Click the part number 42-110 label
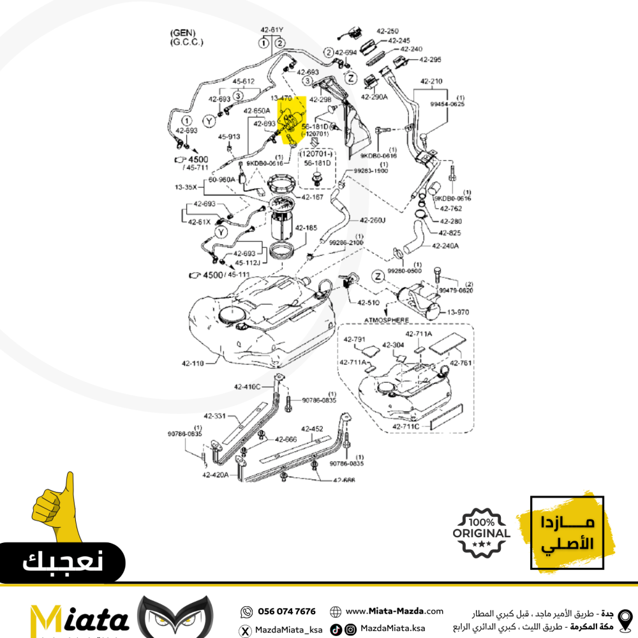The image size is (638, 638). click(x=193, y=364)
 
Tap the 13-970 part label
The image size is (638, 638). click(x=458, y=312)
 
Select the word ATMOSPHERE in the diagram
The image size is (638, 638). click(x=387, y=319)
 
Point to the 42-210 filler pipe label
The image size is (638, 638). click(x=431, y=82)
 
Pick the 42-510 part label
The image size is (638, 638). click(x=369, y=302)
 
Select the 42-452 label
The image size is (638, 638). click(x=313, y=429)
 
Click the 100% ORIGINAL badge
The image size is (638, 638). click(x=482, y=533)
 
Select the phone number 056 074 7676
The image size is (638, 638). click(x=286, y=611)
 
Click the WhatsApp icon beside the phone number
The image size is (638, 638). click(x=246, y=611)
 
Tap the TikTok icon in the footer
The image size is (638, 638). click(x=336, y=629)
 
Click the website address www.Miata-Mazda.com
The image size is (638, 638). click(x=394, y=611)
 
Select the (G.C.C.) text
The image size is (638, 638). click(x=186, y=42)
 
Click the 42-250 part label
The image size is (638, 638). click(x=387, y=31)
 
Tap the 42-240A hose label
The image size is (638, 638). click(x=445, y=246)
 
